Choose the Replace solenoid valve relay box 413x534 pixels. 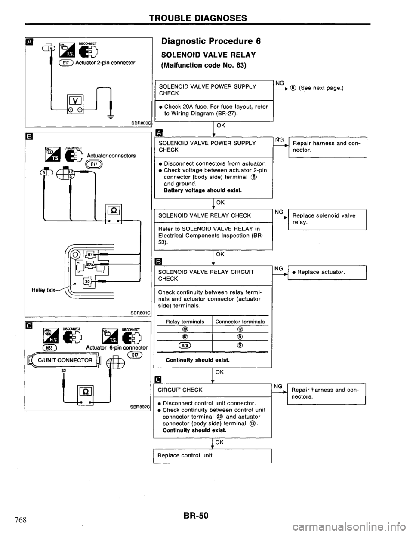click(x=327, y=219)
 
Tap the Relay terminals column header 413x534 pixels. click(x=183, y=321)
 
